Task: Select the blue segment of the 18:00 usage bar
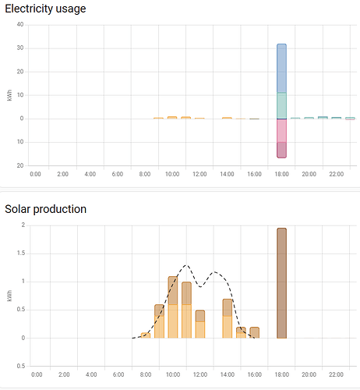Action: tap(282, 69)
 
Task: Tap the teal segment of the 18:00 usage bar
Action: tap(282, 105)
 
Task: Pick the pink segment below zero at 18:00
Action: tap(282, 130)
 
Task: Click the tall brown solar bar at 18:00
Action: tap(282, 283)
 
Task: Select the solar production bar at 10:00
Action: tap(172, 307)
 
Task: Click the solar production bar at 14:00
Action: tap(228, 318)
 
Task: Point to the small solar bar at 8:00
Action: tap(146, 335)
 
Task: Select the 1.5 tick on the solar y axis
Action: tap(20, 253)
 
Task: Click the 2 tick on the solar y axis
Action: tap(23, 225)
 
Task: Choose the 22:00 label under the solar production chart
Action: tap(336, 374)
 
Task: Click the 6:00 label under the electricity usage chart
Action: tap(118, 174)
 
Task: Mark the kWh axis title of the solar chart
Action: tap(9, 296)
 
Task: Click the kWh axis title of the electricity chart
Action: tap(9, 95)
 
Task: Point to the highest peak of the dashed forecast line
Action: tap(185, 266)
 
